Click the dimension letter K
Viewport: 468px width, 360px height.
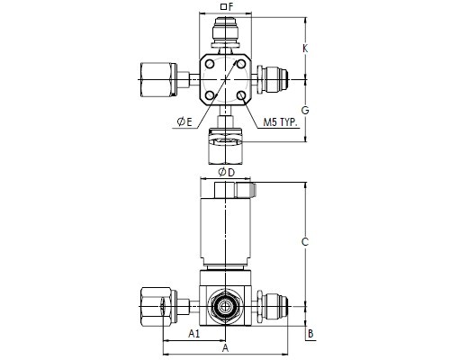click(x=305, y=49)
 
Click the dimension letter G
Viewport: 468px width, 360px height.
click(x=305, y=111)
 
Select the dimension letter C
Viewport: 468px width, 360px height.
click(x=305, y=241)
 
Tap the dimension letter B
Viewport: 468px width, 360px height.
click(x=310, y=334)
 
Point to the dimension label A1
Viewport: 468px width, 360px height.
click(x=193, y=333)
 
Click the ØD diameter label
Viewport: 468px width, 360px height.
click(x=226, y=172)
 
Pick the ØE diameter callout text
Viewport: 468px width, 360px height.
click(x=184, y=121)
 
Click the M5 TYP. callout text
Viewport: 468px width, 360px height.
click(x=280, y=122)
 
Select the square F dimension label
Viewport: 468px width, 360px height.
click(x=227, y=6)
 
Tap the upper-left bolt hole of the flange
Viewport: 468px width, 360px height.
click(x=210, y=64)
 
